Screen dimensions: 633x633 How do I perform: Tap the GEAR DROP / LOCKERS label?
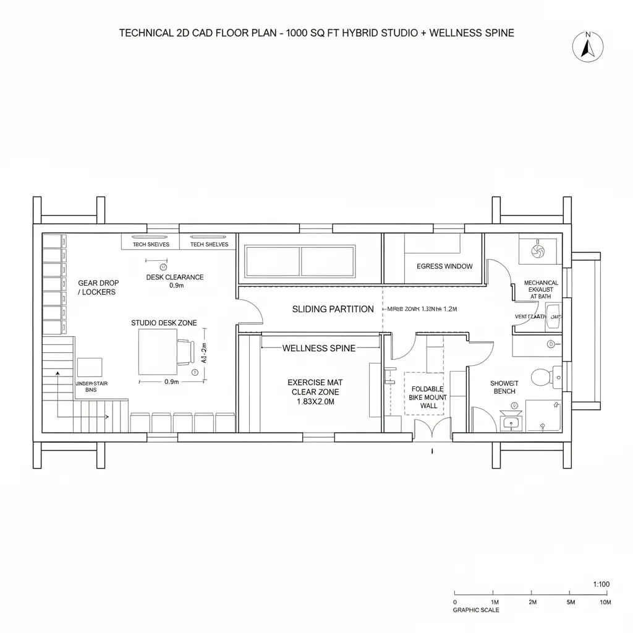(x=98, y=287)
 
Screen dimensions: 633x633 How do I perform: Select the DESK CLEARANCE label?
(x=175, y=281)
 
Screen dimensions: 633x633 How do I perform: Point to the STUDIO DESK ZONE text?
(x=164, y=323)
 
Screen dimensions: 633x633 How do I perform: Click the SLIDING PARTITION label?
(x=333, y=309)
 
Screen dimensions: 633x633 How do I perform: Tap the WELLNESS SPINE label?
(x=319, y=348)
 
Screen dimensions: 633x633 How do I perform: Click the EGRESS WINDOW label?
(x=444, y=266)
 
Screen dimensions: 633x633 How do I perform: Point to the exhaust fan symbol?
(x=537, y=251)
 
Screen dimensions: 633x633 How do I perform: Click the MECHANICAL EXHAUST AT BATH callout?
(x=541, y=289)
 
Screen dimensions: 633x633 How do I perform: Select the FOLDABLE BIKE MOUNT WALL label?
(x=423, y=397)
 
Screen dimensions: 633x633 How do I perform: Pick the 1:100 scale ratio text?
(x=601, y=584)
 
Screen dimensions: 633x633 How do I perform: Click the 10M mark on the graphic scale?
(x=605, y=601)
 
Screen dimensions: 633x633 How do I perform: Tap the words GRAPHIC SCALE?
(x=476, y=610)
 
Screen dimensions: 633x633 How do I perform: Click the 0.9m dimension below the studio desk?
(x=171, y=382)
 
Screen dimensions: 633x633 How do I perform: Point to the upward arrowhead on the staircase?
(x=57, y=374)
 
